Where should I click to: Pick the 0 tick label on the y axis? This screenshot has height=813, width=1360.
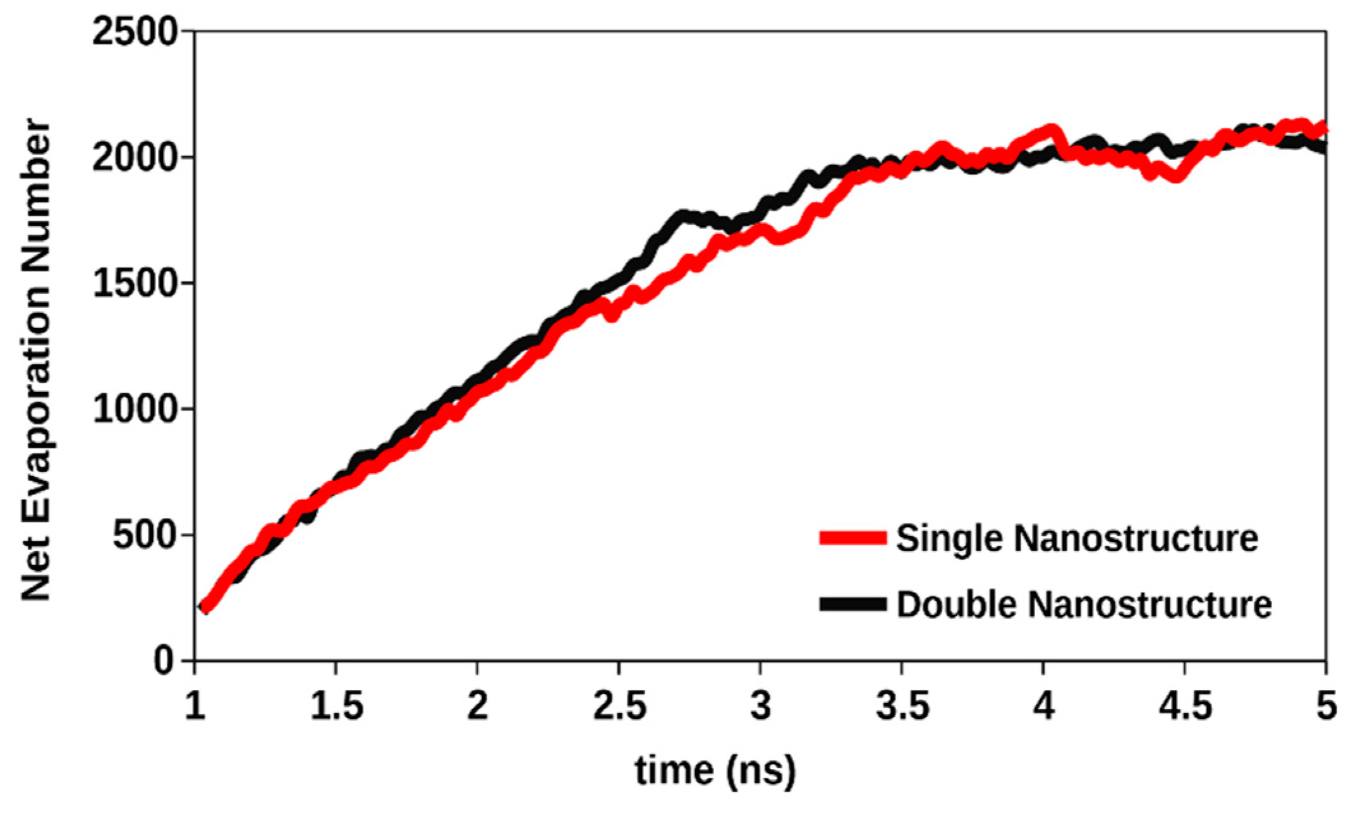tap(164, 661)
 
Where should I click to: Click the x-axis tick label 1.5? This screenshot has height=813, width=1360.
tap(336, 706)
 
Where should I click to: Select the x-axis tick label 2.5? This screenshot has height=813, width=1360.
tap(619, 706)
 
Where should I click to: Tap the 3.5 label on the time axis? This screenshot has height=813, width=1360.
tap(902, 706)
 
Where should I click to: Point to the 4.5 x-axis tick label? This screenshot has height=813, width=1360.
tap(1185, 706)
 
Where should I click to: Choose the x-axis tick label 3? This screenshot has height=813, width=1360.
tap(761, 706)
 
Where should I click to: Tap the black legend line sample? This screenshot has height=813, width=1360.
tap(852, 604)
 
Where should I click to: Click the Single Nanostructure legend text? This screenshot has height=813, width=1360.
tap(1077, 539)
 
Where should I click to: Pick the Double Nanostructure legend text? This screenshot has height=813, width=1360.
tap(1084, 604)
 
